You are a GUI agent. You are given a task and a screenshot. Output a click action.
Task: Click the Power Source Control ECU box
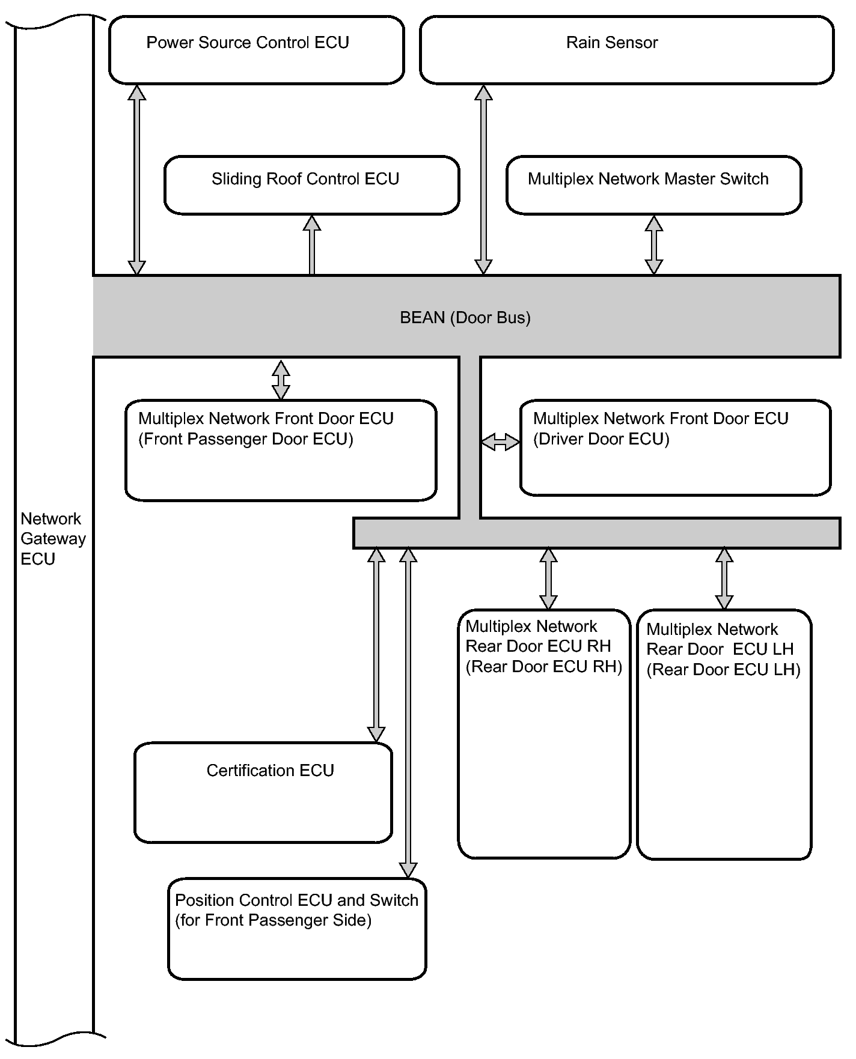tap(257, 50)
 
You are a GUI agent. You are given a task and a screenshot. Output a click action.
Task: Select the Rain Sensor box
tap(627, 50)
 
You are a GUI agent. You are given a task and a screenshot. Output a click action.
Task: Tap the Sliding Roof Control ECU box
tap(312, 185)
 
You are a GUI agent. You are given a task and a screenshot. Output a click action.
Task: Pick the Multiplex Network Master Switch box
tap(654, 185)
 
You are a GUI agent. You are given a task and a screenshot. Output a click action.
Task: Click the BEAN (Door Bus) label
tap(465, 318)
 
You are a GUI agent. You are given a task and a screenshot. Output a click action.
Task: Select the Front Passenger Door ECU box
tap(281, 451)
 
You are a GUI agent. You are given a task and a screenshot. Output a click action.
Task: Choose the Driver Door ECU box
tap(676, 448)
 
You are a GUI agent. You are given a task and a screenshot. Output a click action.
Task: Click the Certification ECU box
tap(263, 793)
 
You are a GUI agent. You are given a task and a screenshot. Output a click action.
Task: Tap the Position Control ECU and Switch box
tap(297, 929)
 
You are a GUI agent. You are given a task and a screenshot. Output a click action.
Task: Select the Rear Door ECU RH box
tap(544, 734)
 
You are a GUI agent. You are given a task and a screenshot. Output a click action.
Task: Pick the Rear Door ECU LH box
tap(724, 735)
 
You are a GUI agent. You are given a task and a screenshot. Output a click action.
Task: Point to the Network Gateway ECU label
tap(53, 539)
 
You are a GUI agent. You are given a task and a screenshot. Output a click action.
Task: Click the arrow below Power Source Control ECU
tap(137, 180)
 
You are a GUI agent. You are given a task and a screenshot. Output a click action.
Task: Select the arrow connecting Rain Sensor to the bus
tap(483, 180)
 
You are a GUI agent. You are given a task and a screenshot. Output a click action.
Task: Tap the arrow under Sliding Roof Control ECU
tap(312, 245)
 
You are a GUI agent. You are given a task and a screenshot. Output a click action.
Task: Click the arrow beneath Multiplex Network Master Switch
tap(654, 245)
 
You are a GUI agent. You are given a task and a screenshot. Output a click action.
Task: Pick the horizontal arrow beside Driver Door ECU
tap(500, 442)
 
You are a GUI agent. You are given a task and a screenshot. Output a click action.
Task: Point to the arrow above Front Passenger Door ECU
tap(281, 380)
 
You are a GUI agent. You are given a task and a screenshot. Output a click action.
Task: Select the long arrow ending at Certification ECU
tap(376, 645)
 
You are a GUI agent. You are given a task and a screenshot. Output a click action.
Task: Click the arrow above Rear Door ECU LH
tap(724, 578)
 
